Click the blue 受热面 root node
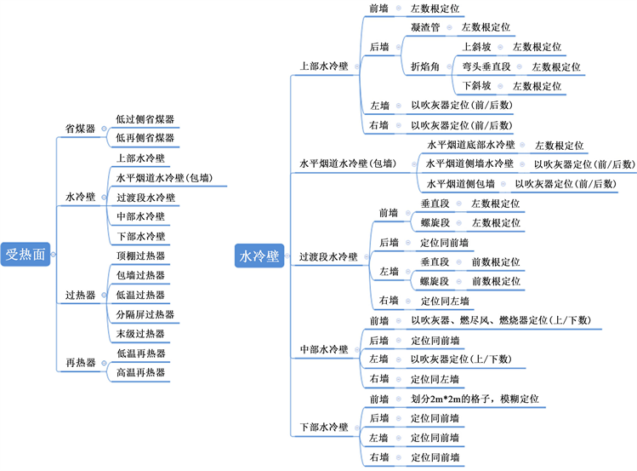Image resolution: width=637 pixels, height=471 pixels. click(26, 254)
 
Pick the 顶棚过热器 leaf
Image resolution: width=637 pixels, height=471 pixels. click(140, 256)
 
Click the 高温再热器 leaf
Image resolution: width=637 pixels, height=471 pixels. click(140, 373)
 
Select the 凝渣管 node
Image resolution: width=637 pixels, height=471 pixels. click(424, 27)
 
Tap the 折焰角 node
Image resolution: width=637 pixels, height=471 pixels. click(424, 66)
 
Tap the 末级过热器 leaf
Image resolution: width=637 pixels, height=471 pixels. click(140, 334)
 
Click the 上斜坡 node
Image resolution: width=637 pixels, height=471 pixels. click(477, 47)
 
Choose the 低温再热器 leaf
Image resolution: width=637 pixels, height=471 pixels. click(140, 353)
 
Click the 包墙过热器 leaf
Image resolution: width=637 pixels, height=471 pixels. click(140, 275)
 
